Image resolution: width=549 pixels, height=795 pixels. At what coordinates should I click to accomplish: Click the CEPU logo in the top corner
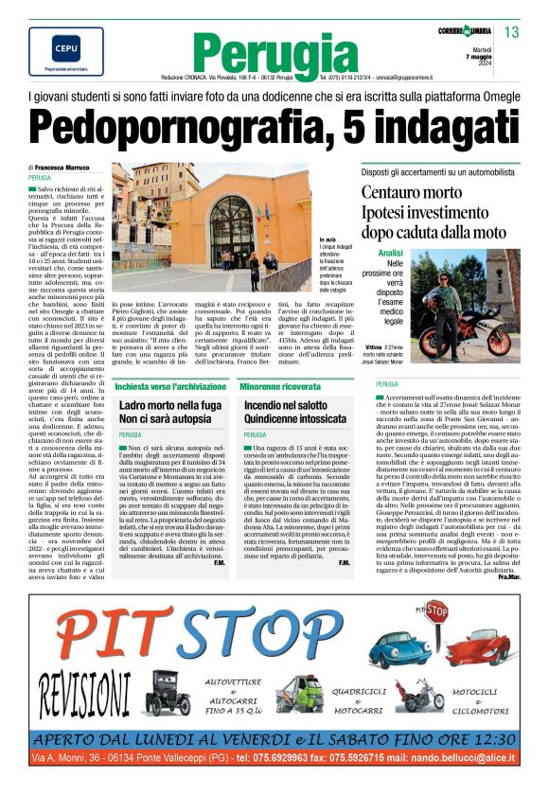[53, 47]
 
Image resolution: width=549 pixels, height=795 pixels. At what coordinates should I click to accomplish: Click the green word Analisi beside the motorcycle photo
[390, 254]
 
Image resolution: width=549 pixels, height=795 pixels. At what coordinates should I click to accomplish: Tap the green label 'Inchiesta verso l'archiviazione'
[169, 386]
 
